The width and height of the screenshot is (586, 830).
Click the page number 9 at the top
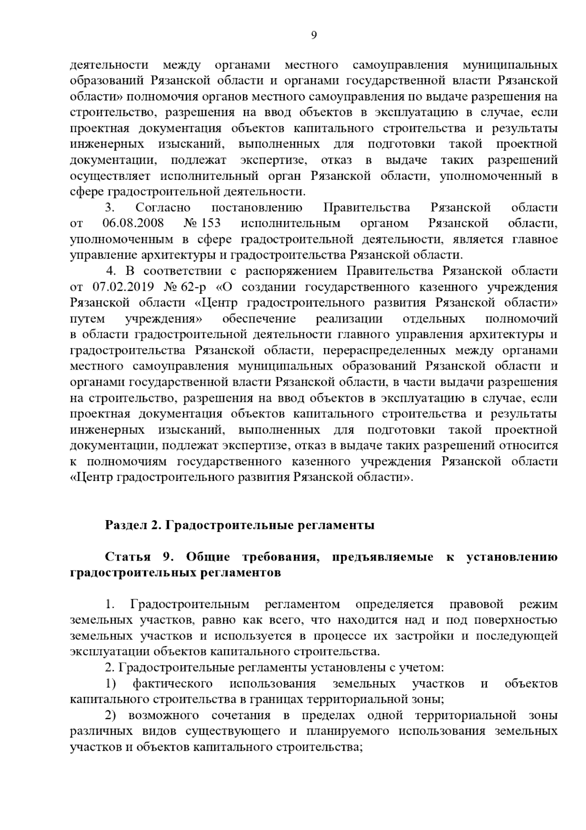(314, 35)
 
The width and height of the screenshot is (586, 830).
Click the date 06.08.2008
(133, 223)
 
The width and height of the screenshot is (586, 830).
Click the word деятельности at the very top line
(109, 65)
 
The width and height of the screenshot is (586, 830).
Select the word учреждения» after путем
(164, 319)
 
